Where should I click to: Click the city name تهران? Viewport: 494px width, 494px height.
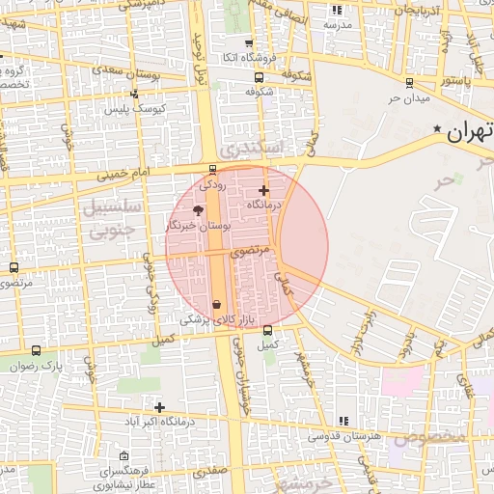coord(471,131)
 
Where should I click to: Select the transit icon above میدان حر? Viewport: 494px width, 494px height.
coord(409,83)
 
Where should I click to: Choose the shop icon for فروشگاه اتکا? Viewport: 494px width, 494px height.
coord(250,43)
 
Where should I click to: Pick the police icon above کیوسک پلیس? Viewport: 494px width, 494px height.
coord(134,94)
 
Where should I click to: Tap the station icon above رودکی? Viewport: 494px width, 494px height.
coord(213,169)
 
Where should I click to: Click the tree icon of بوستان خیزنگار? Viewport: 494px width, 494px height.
coord(198,209)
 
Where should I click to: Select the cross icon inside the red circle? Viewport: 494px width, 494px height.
coord(263,190)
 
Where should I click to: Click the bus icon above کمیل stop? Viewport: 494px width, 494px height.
coord(267,331)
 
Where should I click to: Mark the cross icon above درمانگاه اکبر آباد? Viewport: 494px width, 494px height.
coord(159,408)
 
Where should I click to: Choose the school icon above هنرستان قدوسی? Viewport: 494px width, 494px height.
coord(344,420)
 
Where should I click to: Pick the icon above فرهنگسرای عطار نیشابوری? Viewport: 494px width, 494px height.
coord(123,455)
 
